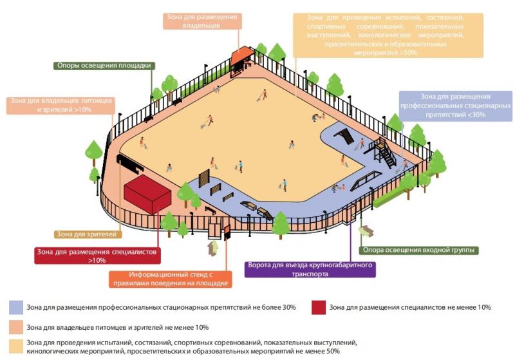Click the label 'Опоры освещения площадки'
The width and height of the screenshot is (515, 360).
[104, 66]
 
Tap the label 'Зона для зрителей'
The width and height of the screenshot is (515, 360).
[88, 234]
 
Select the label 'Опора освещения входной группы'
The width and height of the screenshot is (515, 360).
[419, 251]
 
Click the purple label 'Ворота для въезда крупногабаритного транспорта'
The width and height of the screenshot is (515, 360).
[310, 269]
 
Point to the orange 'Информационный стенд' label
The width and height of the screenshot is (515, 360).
[171, 279]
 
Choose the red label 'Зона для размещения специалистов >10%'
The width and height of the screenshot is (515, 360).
[97, 256]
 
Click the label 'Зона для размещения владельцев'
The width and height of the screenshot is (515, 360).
[202, 21]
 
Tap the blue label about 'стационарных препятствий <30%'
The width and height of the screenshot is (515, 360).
[456, 106]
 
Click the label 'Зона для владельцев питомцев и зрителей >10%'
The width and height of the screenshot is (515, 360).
[61, 105]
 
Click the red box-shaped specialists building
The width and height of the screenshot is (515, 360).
[147, 194]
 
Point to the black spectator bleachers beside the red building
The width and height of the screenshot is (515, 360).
[129, 163]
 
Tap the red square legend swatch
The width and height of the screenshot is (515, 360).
[319, 307]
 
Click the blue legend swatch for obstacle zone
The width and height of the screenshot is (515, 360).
[16, 307]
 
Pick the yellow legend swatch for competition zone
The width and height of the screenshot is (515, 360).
[16, 346]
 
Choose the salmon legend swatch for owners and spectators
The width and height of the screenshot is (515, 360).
[16, 327]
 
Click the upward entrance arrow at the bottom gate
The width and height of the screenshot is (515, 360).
[213, 247]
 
